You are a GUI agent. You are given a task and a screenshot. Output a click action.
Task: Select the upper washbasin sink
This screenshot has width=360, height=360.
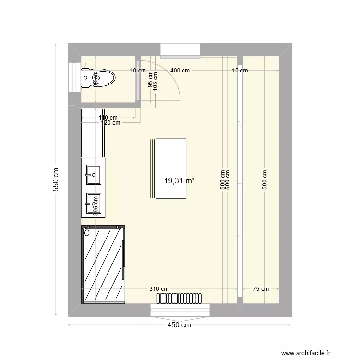coord(94,174)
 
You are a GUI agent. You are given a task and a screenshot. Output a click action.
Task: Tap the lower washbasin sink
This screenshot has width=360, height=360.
coord(93,203)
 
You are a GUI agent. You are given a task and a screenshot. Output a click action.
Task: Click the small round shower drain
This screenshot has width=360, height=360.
coord(87,233)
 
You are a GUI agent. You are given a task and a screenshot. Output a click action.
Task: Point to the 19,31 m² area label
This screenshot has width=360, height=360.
coord(180,181)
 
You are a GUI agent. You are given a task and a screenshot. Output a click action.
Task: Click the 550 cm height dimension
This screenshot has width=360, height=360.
coord(56,180)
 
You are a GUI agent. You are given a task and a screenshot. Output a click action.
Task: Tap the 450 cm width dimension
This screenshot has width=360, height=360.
coord(179,325)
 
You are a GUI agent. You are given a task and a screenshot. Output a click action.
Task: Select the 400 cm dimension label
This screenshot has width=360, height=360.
coord(180,71)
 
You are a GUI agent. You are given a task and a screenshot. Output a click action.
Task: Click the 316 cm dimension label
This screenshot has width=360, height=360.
coord(159,289)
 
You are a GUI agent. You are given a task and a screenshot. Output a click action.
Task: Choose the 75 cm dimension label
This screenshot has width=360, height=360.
coord(261,289)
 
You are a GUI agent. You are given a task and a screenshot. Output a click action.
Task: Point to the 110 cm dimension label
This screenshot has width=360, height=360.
coord(108,117)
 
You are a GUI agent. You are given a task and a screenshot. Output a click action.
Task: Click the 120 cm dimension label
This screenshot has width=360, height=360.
coord(111,123)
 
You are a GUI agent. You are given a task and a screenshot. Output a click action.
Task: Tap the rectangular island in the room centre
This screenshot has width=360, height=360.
coord(171,168)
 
